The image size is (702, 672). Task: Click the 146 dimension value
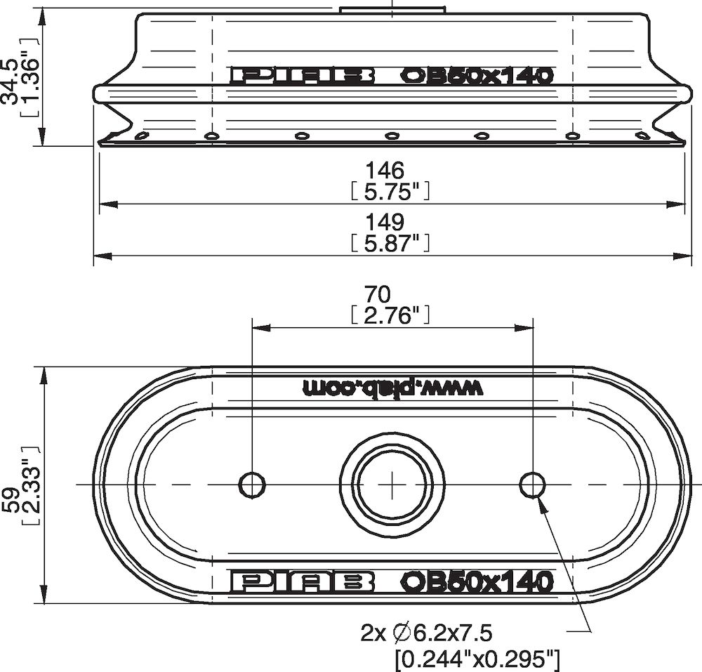(385, 171)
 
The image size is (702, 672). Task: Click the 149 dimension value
(385, 223)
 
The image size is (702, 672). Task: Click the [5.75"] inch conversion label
(389, 191)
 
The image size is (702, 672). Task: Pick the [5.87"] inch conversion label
(389, 243)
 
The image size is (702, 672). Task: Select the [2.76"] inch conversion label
(389, 315)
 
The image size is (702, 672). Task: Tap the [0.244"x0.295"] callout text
(477, 659)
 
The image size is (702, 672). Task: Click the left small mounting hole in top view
(252, 485)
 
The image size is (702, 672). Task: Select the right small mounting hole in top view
(533, 484)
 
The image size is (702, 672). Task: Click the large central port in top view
(392, 484)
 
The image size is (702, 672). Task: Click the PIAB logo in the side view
(302, 76)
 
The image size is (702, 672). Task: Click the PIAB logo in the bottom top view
(302, 581)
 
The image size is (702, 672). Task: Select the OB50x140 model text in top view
(477, 581)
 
